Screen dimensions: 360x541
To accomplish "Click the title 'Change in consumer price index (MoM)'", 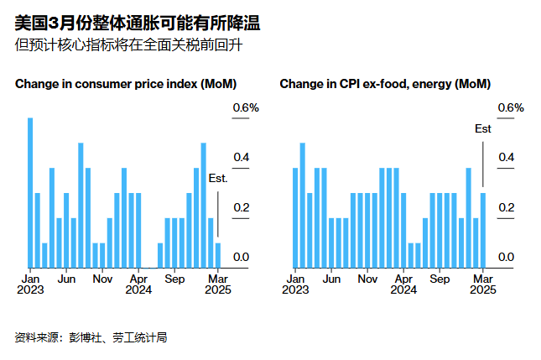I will tap(126, 84).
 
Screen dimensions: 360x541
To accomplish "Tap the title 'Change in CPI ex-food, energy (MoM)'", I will tap(385, 84).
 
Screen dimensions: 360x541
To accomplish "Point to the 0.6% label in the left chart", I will tap(246, 108).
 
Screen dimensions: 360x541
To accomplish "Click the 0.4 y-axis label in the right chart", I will tap(507, 157).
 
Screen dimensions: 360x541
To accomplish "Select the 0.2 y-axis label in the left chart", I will tap(241, 207).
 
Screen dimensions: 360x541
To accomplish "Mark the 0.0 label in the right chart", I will tap(507, 257).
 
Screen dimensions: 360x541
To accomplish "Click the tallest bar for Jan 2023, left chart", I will tap(30, 192).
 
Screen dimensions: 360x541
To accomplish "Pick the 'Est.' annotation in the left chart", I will tap(218, 179).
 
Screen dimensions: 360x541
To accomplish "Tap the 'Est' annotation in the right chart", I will tap(483, 128).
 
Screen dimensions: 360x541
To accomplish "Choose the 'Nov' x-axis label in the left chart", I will tap(102, 279).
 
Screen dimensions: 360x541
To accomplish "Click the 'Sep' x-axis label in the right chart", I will tap(440, 279).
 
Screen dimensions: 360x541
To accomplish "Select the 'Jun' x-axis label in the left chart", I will tap(67, 279).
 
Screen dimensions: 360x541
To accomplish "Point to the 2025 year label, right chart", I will tap(483, 290).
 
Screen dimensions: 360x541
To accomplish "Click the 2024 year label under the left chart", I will tap(138, 290).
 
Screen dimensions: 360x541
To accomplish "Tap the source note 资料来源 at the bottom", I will tap(91, 337).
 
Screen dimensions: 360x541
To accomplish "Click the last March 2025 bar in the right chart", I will tap(483, 230).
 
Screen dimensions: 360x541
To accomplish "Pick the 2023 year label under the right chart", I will tap(295, 290).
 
